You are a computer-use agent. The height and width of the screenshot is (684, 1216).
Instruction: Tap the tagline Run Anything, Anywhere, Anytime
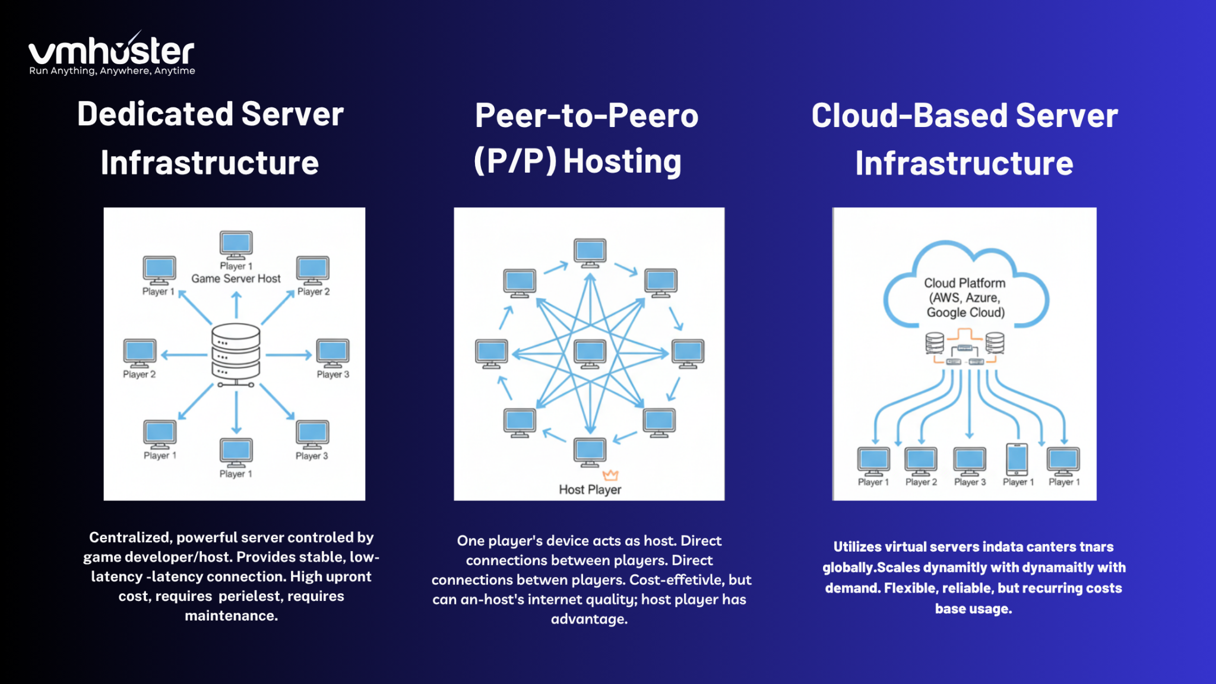112,71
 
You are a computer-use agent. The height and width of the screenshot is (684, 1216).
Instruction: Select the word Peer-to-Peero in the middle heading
586,115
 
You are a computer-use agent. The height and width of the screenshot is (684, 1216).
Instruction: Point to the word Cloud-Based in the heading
909,115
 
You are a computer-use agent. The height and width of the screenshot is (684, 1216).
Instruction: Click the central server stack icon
236,351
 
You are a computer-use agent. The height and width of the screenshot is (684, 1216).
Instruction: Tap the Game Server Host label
236,278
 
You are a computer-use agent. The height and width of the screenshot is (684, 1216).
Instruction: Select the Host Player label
590,490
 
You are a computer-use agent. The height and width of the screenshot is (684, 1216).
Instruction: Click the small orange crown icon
610,475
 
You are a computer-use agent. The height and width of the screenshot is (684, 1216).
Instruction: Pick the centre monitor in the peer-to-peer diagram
590,353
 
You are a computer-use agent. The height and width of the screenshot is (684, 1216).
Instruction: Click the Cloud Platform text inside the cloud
964,283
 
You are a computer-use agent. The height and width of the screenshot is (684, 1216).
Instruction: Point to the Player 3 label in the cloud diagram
970,482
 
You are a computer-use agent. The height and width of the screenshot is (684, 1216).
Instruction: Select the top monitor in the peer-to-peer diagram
590,252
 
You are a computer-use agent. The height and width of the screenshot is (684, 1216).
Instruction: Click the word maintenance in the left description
231,616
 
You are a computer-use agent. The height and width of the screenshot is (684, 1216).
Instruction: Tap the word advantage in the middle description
588,619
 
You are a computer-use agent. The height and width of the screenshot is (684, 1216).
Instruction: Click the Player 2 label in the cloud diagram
921,482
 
